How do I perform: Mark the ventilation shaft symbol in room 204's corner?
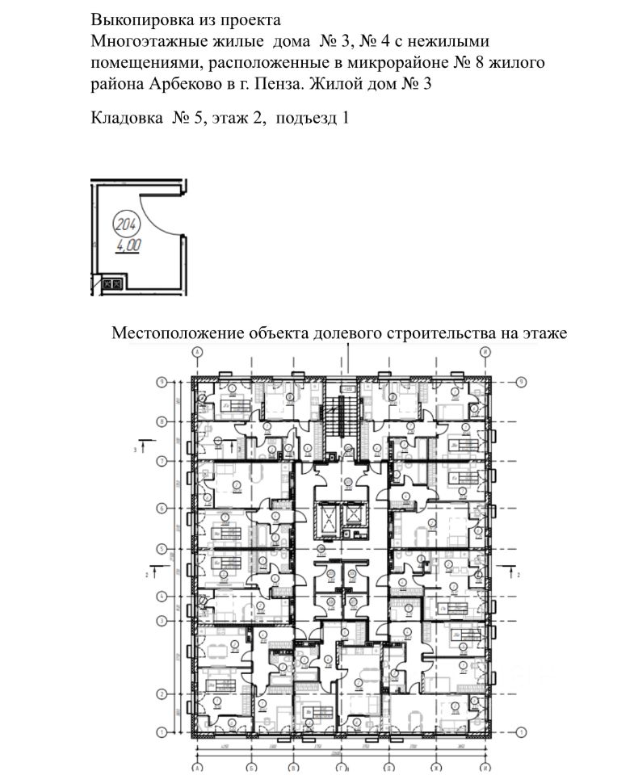click(x=114, y=284)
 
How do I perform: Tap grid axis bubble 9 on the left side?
click(x=162, y=381)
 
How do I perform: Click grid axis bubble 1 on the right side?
click(x=523, y=732)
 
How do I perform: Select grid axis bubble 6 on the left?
click(x=162, y=509)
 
